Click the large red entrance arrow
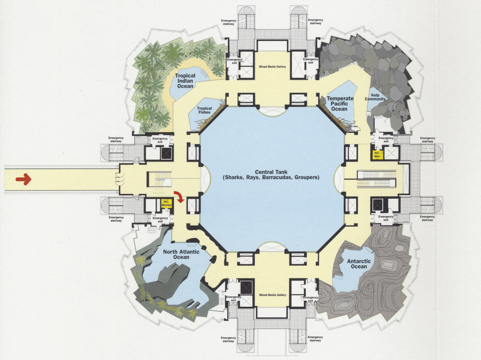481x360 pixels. click(x=23, y=179)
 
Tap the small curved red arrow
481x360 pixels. click(x=181, y=197)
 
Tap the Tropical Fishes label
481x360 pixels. click(x=204, y=110)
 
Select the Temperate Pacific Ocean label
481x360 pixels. click(x=340, y=103)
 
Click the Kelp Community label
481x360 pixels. click(x=375, y=97)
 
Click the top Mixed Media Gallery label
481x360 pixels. click(x=272, y=66)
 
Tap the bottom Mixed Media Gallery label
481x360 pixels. click(x=272, y=295)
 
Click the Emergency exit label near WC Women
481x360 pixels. click(x=160, y=219)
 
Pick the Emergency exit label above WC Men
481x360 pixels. click(x=386, y=140)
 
